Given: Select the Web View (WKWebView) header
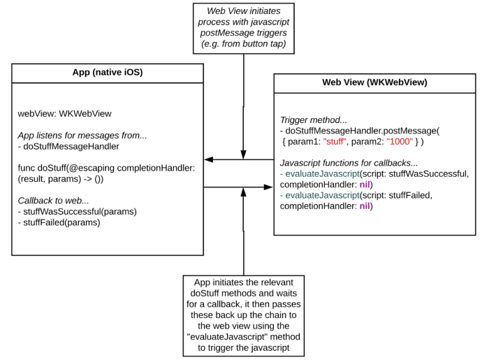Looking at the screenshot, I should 374,82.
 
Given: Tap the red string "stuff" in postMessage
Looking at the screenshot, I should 338,141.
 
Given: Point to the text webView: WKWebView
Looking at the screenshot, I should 65,113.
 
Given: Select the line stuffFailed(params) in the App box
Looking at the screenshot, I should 61,222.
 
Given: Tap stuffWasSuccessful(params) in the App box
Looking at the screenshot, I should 78,212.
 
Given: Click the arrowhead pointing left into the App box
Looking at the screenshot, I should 208,159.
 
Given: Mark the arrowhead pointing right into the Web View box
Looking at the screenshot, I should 268,187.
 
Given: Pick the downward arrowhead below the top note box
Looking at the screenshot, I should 243,154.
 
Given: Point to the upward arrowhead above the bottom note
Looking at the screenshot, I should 243,192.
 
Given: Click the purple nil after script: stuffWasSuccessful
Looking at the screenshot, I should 365,184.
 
